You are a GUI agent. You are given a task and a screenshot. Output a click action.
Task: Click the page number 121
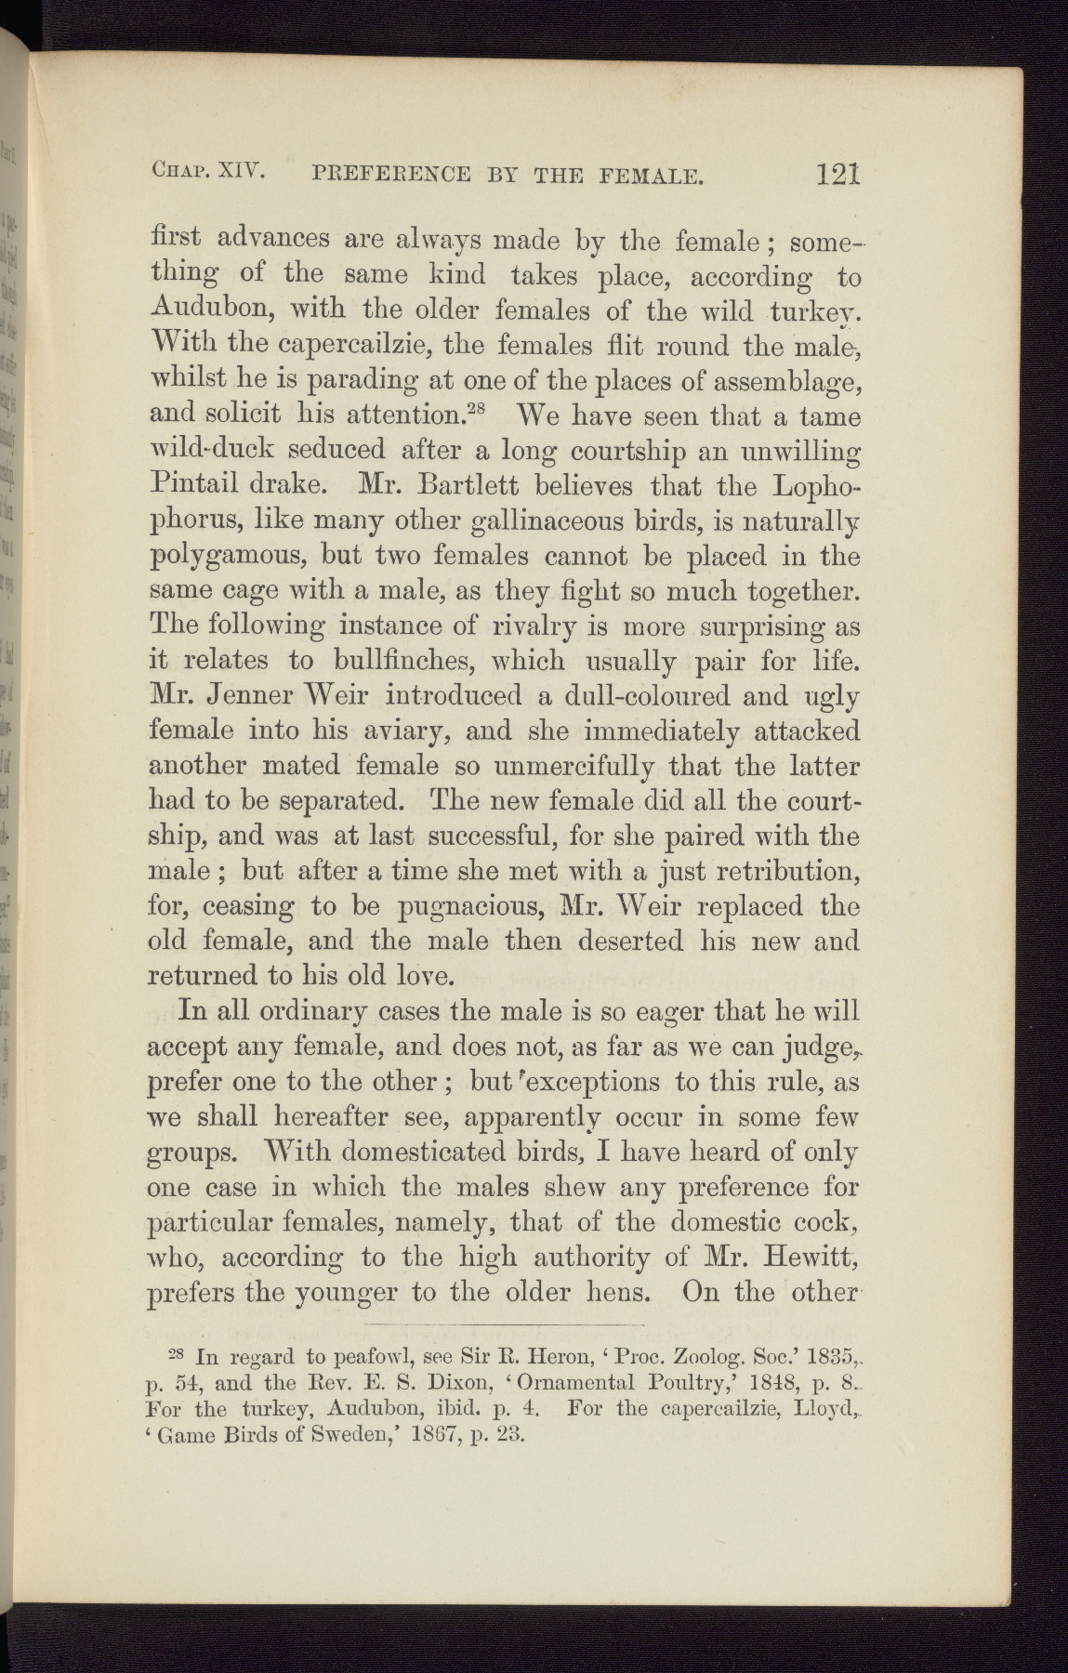point(837,172)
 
